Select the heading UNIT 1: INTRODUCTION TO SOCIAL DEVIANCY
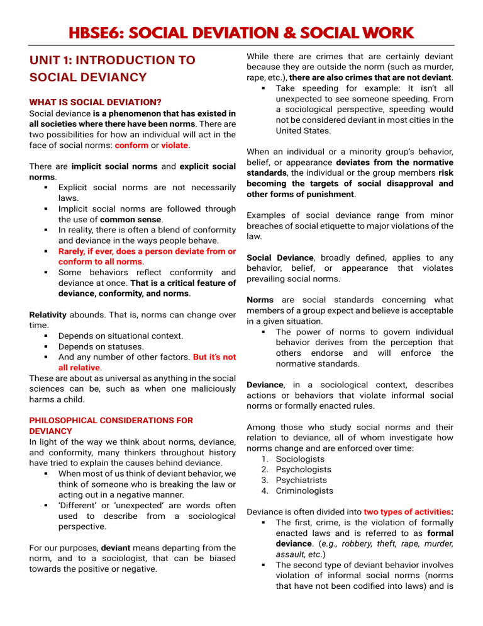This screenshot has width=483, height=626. click(113, 69)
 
